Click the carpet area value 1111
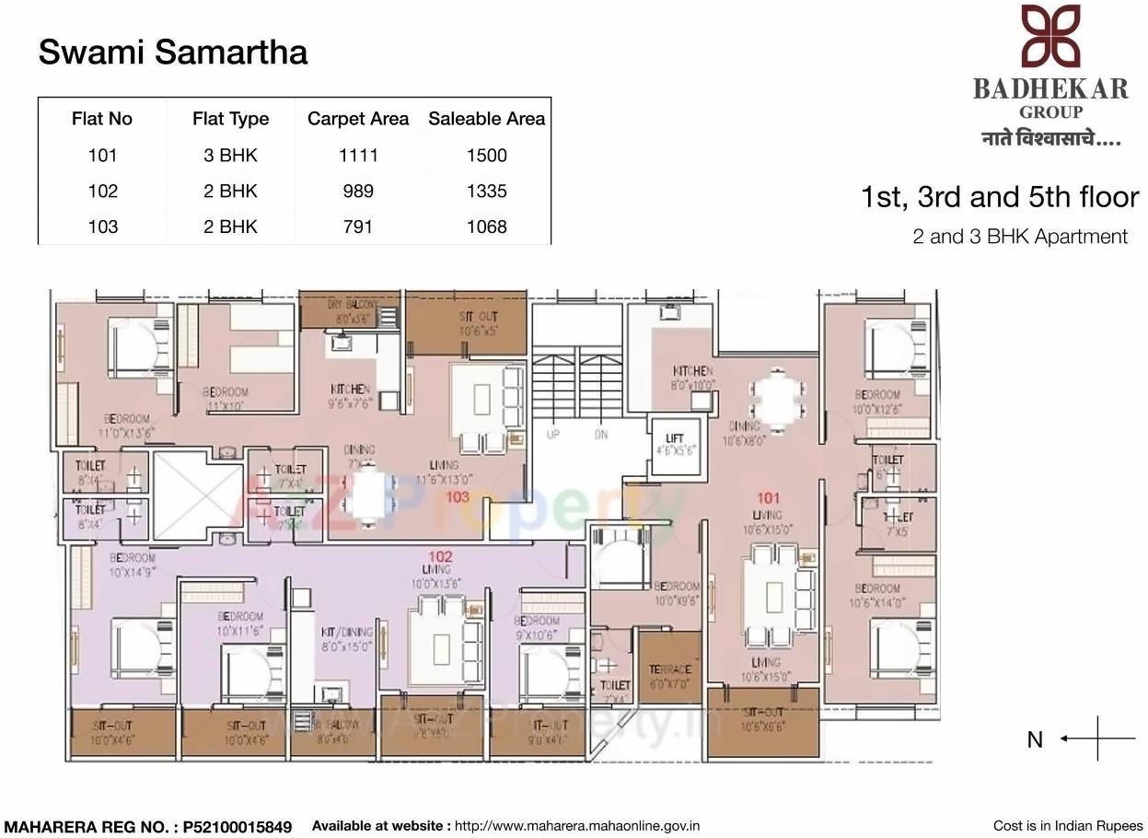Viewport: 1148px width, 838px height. tap(357, 156)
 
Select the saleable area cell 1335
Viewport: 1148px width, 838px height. tap(486, 192)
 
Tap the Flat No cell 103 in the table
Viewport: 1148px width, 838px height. tap(102, 227)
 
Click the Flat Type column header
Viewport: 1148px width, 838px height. tap(230, 119)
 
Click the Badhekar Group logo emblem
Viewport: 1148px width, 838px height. tap(1050, 37)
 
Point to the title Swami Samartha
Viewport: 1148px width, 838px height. tap(173, 52)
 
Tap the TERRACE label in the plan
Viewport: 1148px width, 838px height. tap(669, 669)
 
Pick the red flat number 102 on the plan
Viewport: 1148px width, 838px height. tap(440, 556)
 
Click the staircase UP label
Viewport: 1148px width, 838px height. tap(552, 435)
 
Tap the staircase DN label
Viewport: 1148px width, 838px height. tap(601, 435)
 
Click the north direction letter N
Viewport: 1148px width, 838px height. tap(1035, 740)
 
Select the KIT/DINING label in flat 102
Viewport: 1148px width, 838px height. tap(346, 633)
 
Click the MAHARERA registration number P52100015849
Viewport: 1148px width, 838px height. tap(236, 827)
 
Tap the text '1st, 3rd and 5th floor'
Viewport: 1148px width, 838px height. tap(999, 197)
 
